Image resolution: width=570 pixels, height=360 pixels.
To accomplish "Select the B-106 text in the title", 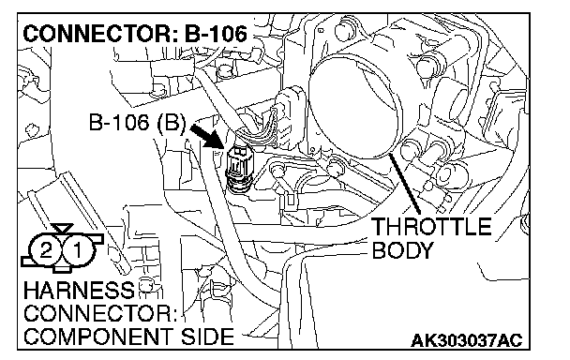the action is (x=216, y=34).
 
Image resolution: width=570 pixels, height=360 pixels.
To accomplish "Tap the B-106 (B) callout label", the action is (x=138, y=122).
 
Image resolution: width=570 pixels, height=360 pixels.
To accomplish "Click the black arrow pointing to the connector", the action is (x=205, y=136).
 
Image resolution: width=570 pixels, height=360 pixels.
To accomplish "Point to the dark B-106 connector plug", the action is (x=237, y=167).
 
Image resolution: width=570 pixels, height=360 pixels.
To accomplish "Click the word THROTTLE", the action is (x=432, y=227).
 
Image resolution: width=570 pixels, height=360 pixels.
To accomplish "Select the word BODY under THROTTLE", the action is (x=403, y=250).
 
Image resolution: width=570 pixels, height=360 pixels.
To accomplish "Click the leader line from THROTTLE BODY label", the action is (x=405, y=184).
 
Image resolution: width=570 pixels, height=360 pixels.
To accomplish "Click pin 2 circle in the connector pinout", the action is (x=46, y=250).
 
